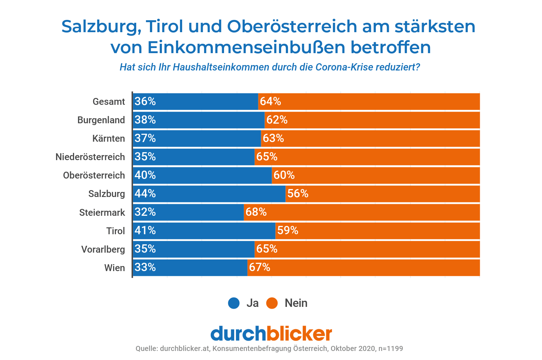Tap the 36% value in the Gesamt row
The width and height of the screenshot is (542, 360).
145,102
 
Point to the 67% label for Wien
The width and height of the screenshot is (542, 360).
259,267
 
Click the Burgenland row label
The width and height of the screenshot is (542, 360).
101,120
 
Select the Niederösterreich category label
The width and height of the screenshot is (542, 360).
90,157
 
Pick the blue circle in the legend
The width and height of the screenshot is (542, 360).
234,303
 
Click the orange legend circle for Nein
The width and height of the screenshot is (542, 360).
272,303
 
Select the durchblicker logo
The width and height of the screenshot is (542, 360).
271,333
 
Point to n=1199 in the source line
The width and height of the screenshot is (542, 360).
390,349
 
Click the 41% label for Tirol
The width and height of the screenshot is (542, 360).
145,231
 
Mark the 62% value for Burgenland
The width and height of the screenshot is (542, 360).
277,120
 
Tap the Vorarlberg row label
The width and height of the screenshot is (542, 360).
103,249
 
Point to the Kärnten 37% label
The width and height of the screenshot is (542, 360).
145,138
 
